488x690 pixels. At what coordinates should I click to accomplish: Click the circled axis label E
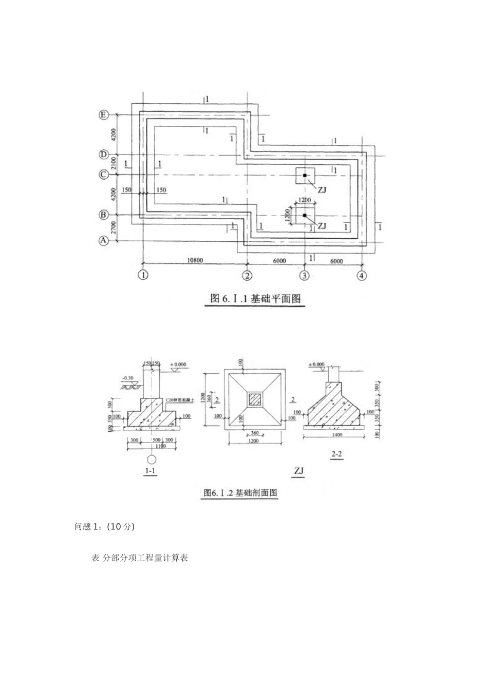pos(104,115)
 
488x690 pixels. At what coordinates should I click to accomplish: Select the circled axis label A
pos(104,240)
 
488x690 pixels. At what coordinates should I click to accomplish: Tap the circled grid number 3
pos(305,275)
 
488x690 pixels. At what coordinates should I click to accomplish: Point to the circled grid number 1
pos(143,275)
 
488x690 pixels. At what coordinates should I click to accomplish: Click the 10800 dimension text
pos(195,260)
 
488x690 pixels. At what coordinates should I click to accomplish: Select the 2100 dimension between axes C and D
pos(114,165)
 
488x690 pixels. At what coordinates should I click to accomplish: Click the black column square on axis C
pos(305,176)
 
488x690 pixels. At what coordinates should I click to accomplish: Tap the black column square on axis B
pos(305,215)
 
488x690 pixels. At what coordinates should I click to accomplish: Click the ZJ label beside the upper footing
pos(322,189)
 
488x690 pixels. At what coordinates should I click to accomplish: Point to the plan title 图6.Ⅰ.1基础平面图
pos(255,299)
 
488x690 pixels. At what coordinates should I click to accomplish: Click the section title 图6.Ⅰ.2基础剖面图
pos(240,493)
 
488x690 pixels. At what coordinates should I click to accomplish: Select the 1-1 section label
pos(151,471)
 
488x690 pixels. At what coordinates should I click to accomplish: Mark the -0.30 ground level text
pos(128,378)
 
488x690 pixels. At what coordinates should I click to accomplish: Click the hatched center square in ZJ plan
pos(255,399)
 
